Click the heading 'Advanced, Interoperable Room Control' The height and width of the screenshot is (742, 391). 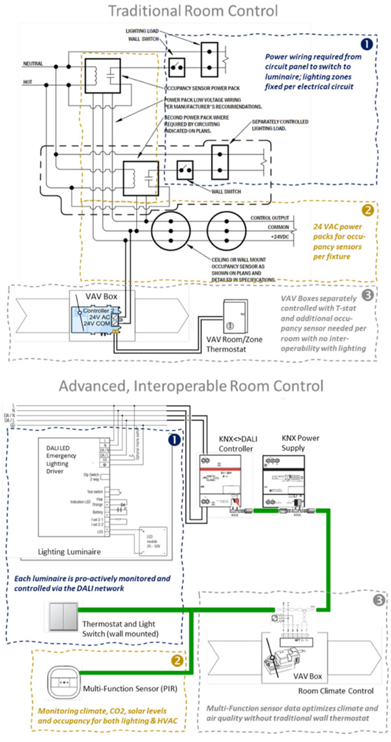(x=191, y=386)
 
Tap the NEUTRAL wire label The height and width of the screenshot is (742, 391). (x=34, y=63)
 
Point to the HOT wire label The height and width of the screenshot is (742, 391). (x=28, y=81)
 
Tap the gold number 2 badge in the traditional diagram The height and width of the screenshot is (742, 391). (x=368, y=210)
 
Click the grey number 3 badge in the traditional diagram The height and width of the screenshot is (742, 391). (x=368, y=295)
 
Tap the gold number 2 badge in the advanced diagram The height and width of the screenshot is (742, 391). (x=176, y=660)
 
